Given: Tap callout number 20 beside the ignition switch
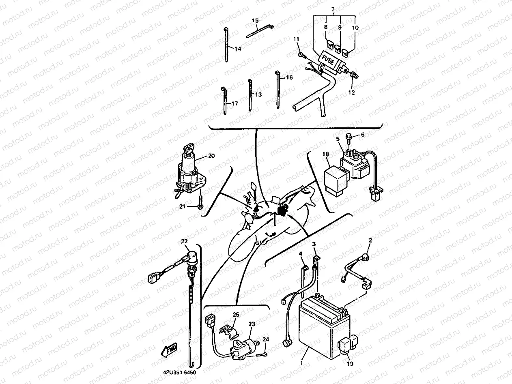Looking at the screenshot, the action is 211,156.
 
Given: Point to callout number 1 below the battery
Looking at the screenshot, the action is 301,363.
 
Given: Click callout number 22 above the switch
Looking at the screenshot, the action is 185,242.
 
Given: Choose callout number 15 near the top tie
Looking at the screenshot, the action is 255,20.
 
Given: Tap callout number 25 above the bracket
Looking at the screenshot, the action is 236,315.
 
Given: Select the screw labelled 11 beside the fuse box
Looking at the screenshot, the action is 300,54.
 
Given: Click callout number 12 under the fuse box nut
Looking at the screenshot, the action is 351,92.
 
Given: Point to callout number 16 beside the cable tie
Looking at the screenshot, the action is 289,77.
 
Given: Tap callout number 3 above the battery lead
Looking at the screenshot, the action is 314,244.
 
